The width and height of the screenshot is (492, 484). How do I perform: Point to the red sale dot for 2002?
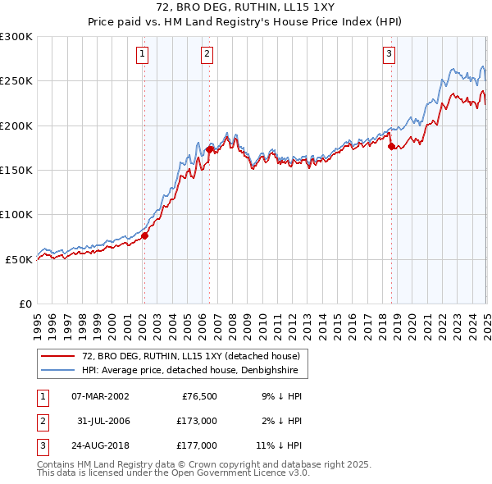click(x=144, y=235)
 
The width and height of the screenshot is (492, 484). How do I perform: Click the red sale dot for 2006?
click(x=209, y=149)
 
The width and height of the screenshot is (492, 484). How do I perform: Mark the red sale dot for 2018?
click(x=391, y=146)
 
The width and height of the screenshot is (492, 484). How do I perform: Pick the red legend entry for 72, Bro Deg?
click(x=192, y=356)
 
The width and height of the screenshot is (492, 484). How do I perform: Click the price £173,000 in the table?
click(x=196, y=421)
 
